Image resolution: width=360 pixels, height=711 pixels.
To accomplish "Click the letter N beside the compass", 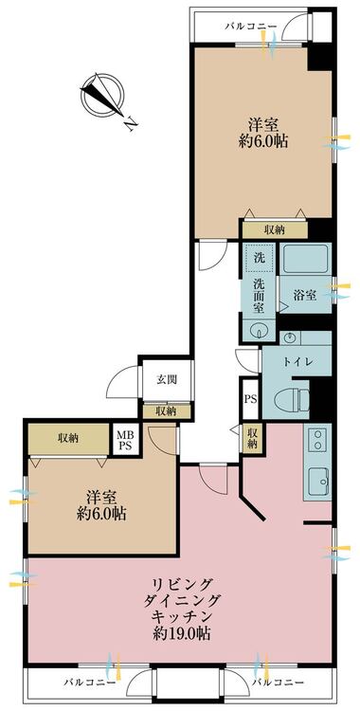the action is click(x=132, y=122).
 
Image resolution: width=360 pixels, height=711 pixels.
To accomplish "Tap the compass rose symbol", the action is click(x=102, y=96).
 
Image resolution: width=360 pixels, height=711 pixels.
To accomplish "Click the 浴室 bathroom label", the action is click(x=305, y=295).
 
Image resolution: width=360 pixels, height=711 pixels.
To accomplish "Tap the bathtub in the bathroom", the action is click(x=305, y=260).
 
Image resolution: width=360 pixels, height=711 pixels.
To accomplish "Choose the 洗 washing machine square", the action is click(x=259, y=260).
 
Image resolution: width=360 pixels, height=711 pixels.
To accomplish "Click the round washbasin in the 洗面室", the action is click(x=258, y=330).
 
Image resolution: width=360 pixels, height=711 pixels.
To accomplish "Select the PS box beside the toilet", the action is click(x=251, y=399).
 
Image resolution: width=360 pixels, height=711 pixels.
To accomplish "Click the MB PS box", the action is click(x=126, y=439).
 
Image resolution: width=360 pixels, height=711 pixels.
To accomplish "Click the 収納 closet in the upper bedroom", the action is click(x=275, y=230).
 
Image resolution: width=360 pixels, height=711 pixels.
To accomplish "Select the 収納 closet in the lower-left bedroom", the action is click(x=68, y=439).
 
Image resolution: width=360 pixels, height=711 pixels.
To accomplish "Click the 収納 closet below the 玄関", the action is click(x=166, y=411).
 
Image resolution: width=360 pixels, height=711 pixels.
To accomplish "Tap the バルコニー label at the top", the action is click(x=251, y=27).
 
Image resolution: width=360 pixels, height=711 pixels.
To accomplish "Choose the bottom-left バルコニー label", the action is click(x=89, y=682).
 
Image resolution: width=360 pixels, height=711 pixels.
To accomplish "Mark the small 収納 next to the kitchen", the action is click(x=252, y=438).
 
